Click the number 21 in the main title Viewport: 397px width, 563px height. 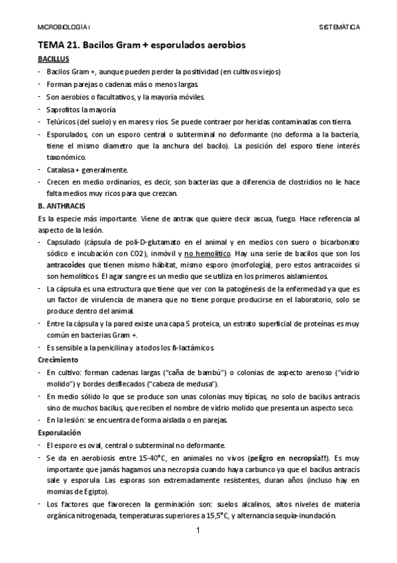(x=72, y=44)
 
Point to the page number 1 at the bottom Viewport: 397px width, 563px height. (x=198, y=530)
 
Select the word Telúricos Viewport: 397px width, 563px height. (x=62, y=121)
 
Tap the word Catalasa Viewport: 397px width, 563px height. (x=61, y=171)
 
